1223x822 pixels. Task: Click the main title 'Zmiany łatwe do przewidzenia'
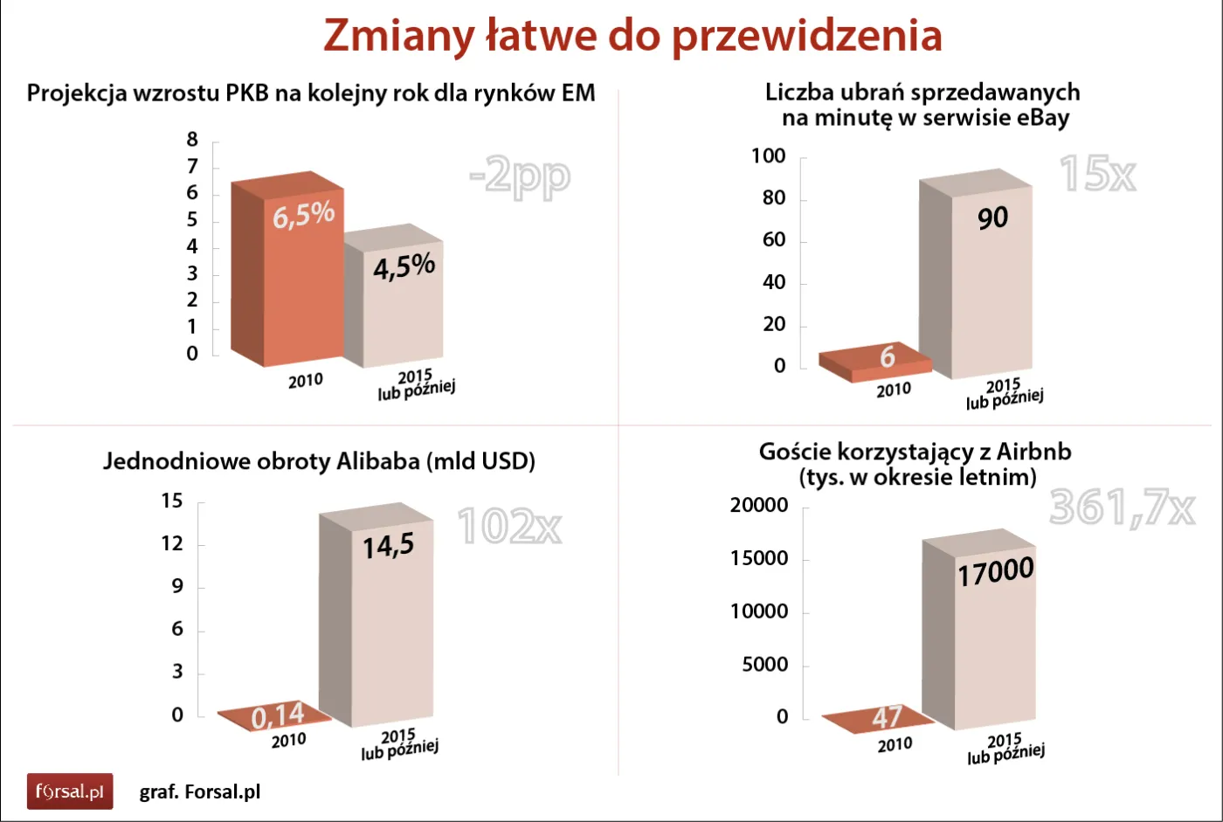(632, 36)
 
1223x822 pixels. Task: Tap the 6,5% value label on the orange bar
(303, 214)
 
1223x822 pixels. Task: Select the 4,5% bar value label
(404, 266)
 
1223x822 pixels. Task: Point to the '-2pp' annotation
(520, 176)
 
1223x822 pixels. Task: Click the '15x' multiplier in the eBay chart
(1097, 174)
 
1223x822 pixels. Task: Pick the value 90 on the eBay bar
(992, 218)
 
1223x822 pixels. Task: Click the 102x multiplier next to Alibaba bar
(509, 526)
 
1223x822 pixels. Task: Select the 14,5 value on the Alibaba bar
(389, 547)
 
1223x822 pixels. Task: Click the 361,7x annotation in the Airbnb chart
(1122, 507)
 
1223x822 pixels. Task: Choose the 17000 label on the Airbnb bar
(996, 572)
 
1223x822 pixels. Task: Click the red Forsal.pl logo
(70, 791)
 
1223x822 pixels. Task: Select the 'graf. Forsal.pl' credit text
(200, 792)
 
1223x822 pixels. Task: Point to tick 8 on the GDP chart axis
(192, 140)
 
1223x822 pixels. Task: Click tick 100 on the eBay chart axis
(769, 156)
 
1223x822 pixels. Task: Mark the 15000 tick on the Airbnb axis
(759, 558)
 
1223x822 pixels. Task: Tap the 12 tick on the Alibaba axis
(172, 543)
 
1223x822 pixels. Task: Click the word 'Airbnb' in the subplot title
(1033, 452)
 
